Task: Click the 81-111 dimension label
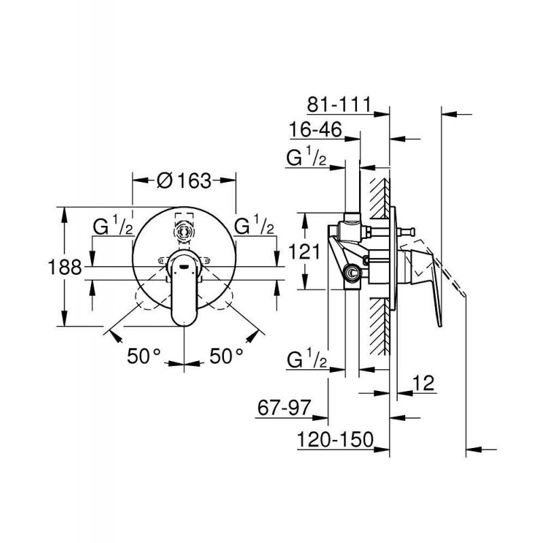click(x=337, y=104)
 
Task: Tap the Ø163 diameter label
click(x=183, y=181)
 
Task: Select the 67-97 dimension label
click(x=284, y=409)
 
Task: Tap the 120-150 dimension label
click(x=336, y=441)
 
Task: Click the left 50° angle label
click(x=145, y=356)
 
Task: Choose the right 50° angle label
click(x=226, y=356)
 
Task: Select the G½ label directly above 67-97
click(x=308, y=359)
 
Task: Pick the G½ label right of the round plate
click(x=255, y=225)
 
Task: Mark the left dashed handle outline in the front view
click(x=151, y=297)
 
